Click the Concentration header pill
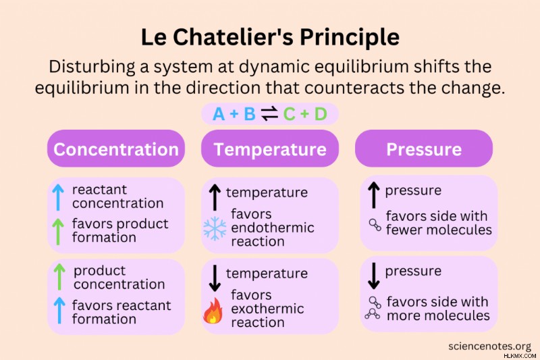[116, 149]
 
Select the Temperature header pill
[270, 149]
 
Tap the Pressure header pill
[424, 149]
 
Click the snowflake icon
[215, 228]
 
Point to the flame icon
[213, 311]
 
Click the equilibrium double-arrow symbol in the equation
[269, 113]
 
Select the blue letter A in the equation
[219, 114]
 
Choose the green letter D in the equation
[321, 114]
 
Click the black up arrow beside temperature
[215, 197]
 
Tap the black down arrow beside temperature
[215, 278]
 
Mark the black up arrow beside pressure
[374, 195]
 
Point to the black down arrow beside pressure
[374, 276]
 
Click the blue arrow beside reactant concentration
[58, 197]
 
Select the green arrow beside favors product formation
[58, 232]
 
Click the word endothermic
[273, 228]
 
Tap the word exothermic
[267, 309]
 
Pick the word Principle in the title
[350, 37]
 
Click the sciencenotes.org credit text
[490, 346]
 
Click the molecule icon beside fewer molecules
[375, 225]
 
